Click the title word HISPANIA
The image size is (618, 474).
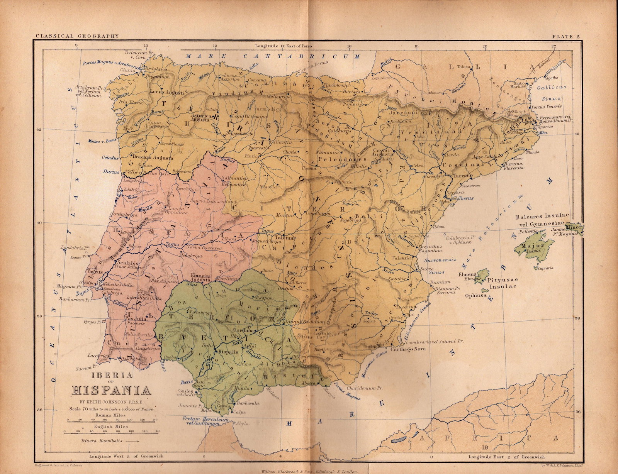point(111,390)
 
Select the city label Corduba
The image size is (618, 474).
point(243,331)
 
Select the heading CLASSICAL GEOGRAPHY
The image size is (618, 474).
point(77,36)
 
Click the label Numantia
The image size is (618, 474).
point(327,153)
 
